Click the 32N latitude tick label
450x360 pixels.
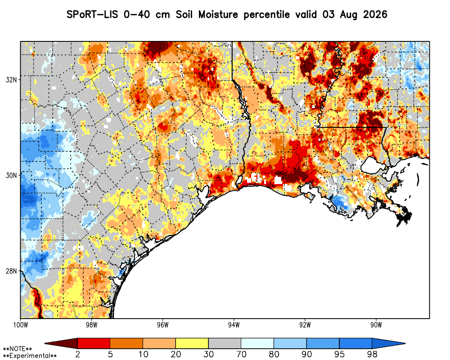point(11,80)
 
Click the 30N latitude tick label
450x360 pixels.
point(11,175)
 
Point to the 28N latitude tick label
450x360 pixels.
point(11,271)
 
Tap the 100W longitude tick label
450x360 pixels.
point(20,325)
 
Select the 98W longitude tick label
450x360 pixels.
point(91,325)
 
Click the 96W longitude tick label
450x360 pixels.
point(163,325)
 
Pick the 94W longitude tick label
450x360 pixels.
point(234,325)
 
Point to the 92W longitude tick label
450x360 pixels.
point(305,325)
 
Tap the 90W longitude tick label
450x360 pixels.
point(376,325)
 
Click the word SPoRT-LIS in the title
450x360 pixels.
point(92,14)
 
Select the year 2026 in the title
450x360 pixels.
point(375,14)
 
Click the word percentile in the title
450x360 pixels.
point(266,15)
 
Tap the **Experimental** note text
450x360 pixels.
point(30,356)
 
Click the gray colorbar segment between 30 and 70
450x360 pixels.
point(225,343)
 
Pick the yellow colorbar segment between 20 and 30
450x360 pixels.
point(192,343)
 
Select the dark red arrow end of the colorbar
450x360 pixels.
point(61,343)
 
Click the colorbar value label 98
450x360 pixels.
point(372,354)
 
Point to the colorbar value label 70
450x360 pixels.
point(241,354)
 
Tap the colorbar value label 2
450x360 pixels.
point(77,354)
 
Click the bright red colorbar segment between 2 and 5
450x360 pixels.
point(94,343)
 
